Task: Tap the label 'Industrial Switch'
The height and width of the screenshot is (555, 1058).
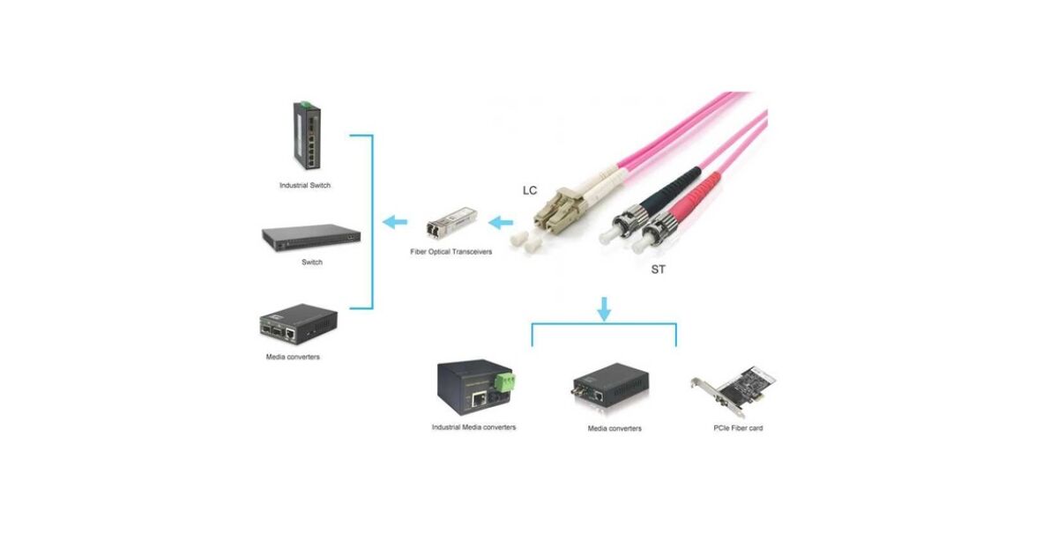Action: coord(305,186)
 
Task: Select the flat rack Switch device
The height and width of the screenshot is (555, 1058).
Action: coord(311,235)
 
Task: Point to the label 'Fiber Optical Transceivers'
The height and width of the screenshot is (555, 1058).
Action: coord(451,252)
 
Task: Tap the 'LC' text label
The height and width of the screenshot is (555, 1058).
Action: coord(530,190)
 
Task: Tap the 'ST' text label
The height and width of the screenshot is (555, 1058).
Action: coord(658,270)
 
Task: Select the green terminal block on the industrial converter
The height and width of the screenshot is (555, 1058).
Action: coord(505,381)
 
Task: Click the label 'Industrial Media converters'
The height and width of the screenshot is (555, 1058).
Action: coord(473,427)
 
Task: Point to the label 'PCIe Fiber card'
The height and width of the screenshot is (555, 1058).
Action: coord(738,428)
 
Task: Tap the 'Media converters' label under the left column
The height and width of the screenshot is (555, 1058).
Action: coord(293,357)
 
